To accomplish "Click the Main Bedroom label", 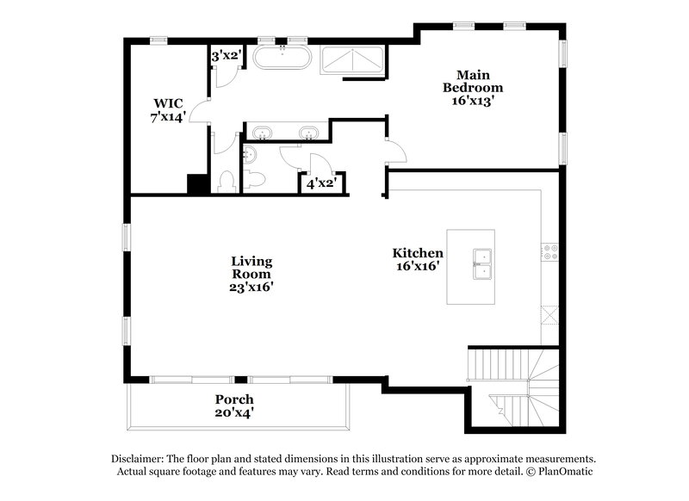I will click(x=473, y=87).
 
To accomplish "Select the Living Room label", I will click(x=251, y=273).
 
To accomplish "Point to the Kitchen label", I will click(x=418, y=259).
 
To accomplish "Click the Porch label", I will click(x=234, y=405).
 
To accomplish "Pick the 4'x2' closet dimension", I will click(x=320, y=182).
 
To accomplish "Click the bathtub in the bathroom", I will click(x=283, y=60).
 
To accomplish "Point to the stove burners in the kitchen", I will click(x=549, y=252).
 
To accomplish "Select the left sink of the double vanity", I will click(x=262, y=132).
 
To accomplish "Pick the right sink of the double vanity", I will click(x=309, y=132).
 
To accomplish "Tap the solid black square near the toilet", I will click(x=196, y=185).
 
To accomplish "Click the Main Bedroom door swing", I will click(x=396, y=152).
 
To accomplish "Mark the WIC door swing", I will click(x=198, y=109).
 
